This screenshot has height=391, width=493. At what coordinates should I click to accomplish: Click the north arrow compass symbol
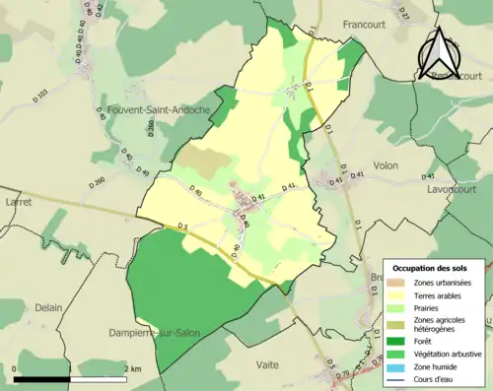pyautogui.click(x=438, y=53)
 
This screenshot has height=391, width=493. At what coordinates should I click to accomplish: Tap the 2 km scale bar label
pyautogui.click(x=132, y=369)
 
